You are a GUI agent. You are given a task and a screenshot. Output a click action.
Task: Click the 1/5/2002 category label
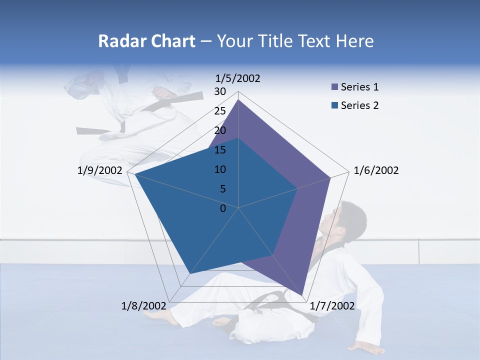[238, 78]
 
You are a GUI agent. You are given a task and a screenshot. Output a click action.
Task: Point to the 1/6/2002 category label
[376, 170]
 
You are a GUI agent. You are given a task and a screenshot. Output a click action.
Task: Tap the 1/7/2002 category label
[332, 305]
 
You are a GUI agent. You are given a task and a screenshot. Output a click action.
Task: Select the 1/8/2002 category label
[144, 305]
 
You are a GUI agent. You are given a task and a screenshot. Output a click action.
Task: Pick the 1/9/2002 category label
[100, 170]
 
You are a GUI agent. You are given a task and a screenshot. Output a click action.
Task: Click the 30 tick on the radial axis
[220, 91]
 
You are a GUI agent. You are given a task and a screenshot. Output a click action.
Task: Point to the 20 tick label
[220, 130]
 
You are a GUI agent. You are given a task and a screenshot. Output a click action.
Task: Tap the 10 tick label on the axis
[220, 169]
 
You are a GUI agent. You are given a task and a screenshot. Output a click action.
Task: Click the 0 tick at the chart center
[223, 208]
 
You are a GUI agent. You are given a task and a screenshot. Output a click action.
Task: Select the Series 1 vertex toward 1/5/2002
[238, 99]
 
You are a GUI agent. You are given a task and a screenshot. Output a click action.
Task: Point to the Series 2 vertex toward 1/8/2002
[190, 274]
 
